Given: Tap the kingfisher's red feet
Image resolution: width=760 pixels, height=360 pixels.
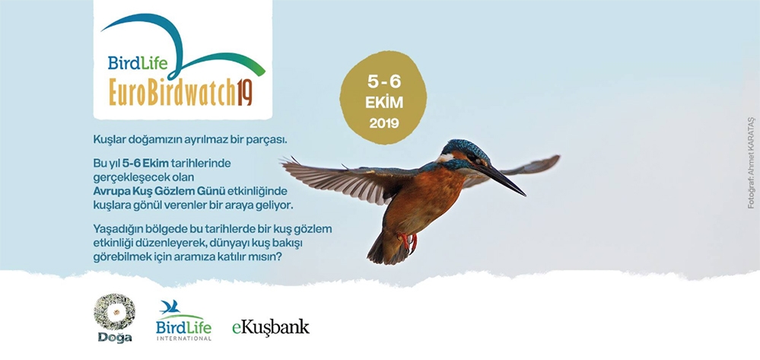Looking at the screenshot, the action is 408,241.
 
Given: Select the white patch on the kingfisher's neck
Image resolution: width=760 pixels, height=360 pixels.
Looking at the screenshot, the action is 444,158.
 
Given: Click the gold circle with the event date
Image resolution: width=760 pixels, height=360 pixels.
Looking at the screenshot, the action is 383,97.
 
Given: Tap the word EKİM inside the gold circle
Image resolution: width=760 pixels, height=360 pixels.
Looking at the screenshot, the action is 383,103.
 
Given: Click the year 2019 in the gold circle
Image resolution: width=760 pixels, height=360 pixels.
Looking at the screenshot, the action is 383,124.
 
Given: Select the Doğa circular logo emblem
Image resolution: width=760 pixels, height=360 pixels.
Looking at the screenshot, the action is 114,312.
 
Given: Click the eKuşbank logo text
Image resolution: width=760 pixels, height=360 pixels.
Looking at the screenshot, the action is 271,327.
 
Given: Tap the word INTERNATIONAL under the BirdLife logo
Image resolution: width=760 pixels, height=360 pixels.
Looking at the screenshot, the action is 183,338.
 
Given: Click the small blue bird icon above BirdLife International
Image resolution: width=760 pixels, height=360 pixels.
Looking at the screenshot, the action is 170,307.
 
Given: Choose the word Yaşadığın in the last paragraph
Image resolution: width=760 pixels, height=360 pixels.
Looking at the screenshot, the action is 116,229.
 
